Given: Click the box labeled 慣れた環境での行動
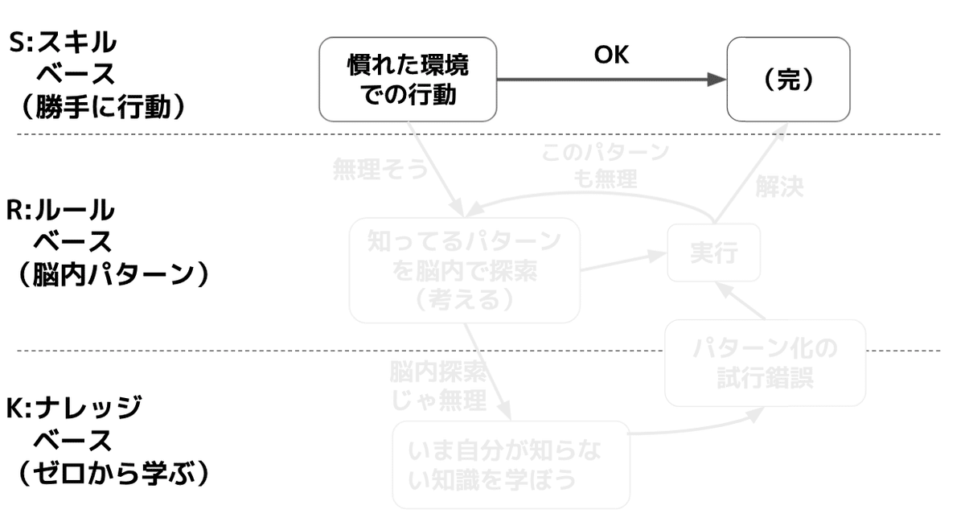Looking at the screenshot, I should click(x=408, y=78).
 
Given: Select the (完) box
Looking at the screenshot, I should click(x=788, y=78).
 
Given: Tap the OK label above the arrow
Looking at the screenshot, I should click(x=611, y=55).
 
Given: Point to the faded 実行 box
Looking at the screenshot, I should click(x=713, y=253).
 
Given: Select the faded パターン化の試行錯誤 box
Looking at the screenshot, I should click(x=765, y=363).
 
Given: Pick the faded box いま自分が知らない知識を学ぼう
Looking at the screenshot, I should click(x=511, y=464).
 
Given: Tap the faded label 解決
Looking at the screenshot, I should click(x=779, y=187).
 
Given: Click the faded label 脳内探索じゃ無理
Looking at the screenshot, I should click(x=437, y=385).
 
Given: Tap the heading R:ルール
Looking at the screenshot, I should click(x=61, y=211).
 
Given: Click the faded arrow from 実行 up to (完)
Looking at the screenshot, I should click(x=749, y=176).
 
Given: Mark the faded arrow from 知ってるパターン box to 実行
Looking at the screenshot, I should click(x=623, y=262).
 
